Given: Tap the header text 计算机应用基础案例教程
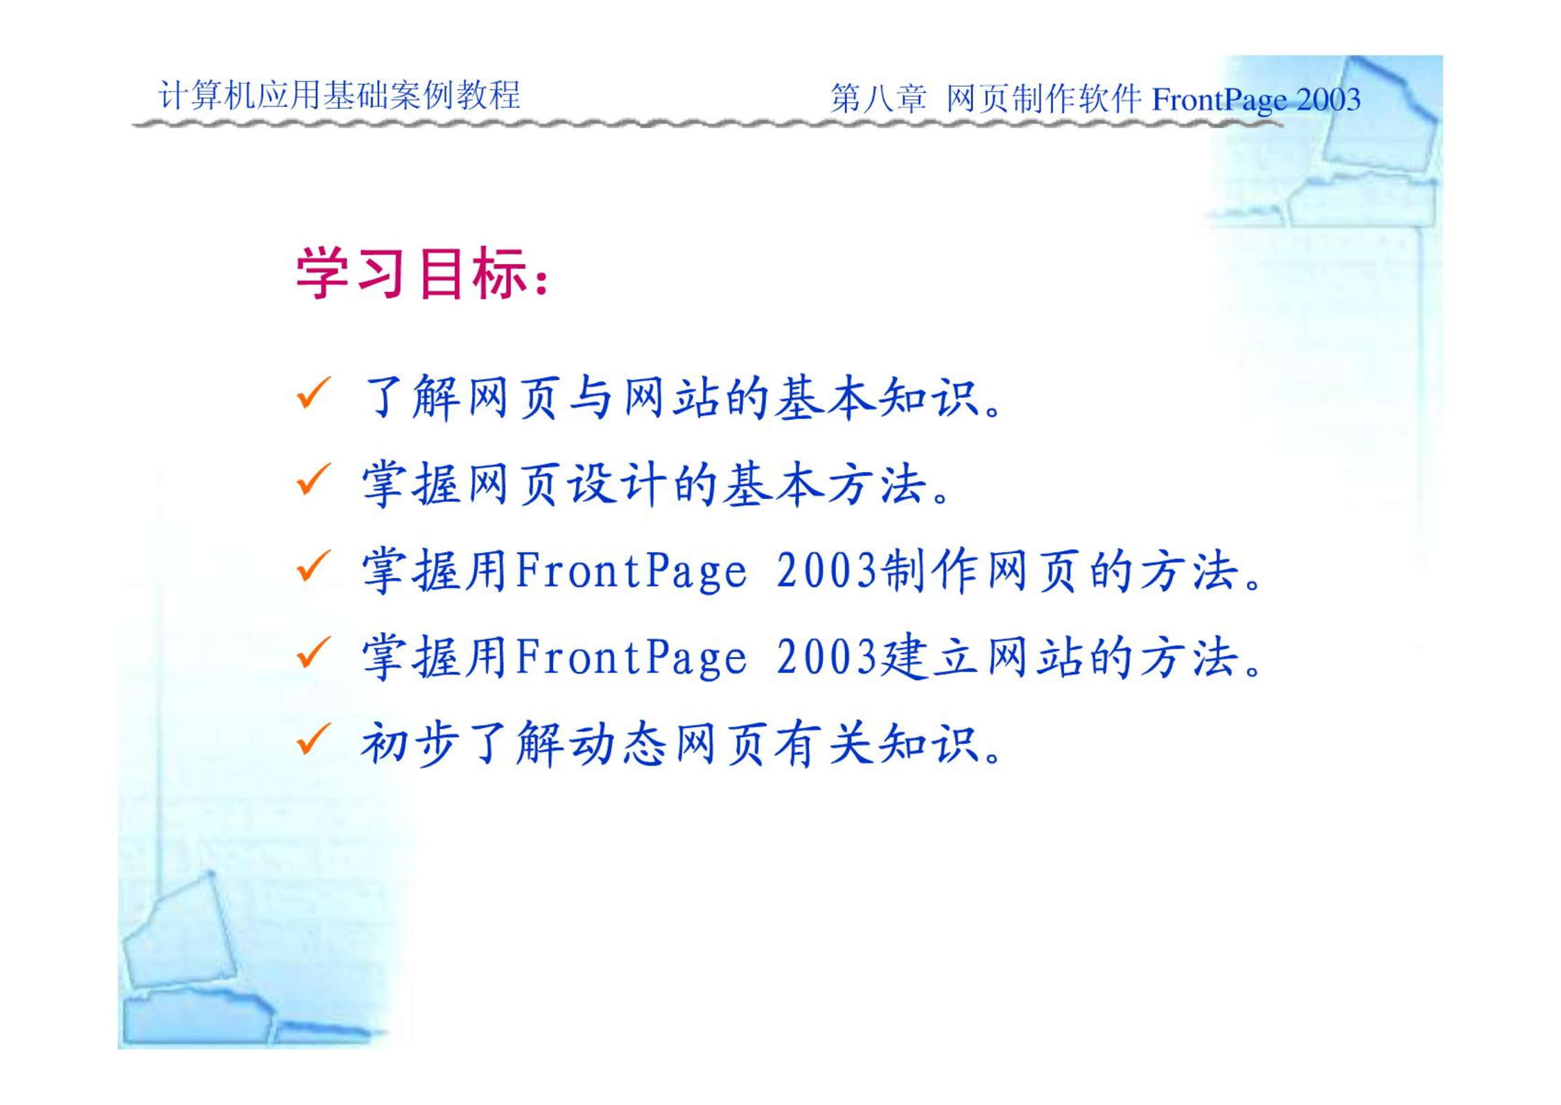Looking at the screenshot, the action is coord(340,95).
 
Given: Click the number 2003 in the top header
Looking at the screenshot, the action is coord(1329,100).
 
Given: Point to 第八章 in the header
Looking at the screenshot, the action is coord(878,98).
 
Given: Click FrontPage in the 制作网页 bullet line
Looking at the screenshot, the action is coord(631,572).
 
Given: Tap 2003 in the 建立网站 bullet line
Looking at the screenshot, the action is coord(828,656).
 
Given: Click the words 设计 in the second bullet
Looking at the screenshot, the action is coord(619,484).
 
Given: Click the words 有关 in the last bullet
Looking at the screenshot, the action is coord(826,744).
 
